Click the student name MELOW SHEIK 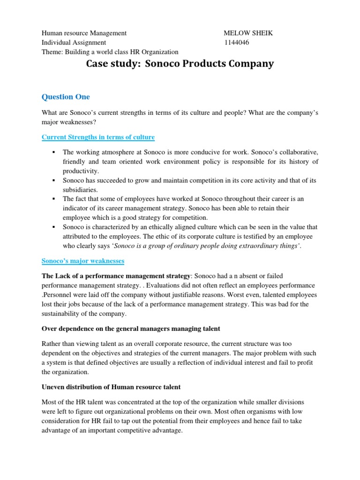pyautogui.click(x=248, y=33)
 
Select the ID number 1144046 pyautogui.click(x=237, y=43)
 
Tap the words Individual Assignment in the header pyautogui.click(x=74, y=43)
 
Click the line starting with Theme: pyautogui.click(x=110, y=52)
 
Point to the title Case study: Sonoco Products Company pyautogui.click(x=180, y=64)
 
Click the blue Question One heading pyautogui.click(x=66, y=97)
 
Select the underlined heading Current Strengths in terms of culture pyautogui.click(x=98, y=137)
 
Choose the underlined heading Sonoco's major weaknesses pyautogui.click(x=83, y=260)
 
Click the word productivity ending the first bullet pyautogui.click(x=81, y=171)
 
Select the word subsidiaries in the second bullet pyautogui.click(x=81, y=190)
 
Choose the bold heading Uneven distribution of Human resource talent pyautogui.click(x=111, y=387)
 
